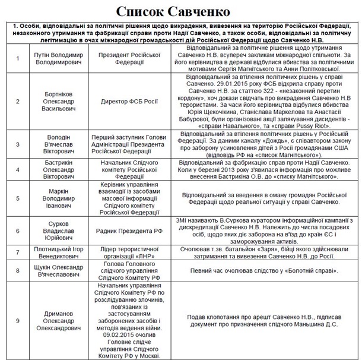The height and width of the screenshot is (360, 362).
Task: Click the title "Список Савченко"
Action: pyautogui.click(x=181, y=11)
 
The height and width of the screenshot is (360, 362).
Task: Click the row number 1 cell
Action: pyautogui.click(x=18, y=58)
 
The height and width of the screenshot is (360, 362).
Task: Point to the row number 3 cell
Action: pyautogui.click(x=18, y=144)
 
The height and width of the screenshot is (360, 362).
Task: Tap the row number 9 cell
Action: pyautogui.click(x=18, y=320)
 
